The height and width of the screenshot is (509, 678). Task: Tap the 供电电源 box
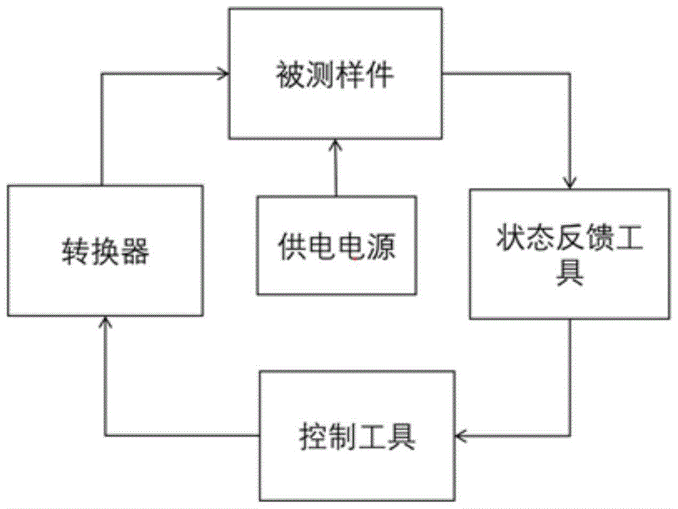[x=336, y=245]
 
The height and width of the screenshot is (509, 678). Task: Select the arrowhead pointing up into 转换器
[x=104, y=324]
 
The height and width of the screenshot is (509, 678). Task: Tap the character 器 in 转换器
[x=136, y=253]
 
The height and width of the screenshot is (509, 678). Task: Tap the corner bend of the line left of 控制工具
[x=104, y=435]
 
